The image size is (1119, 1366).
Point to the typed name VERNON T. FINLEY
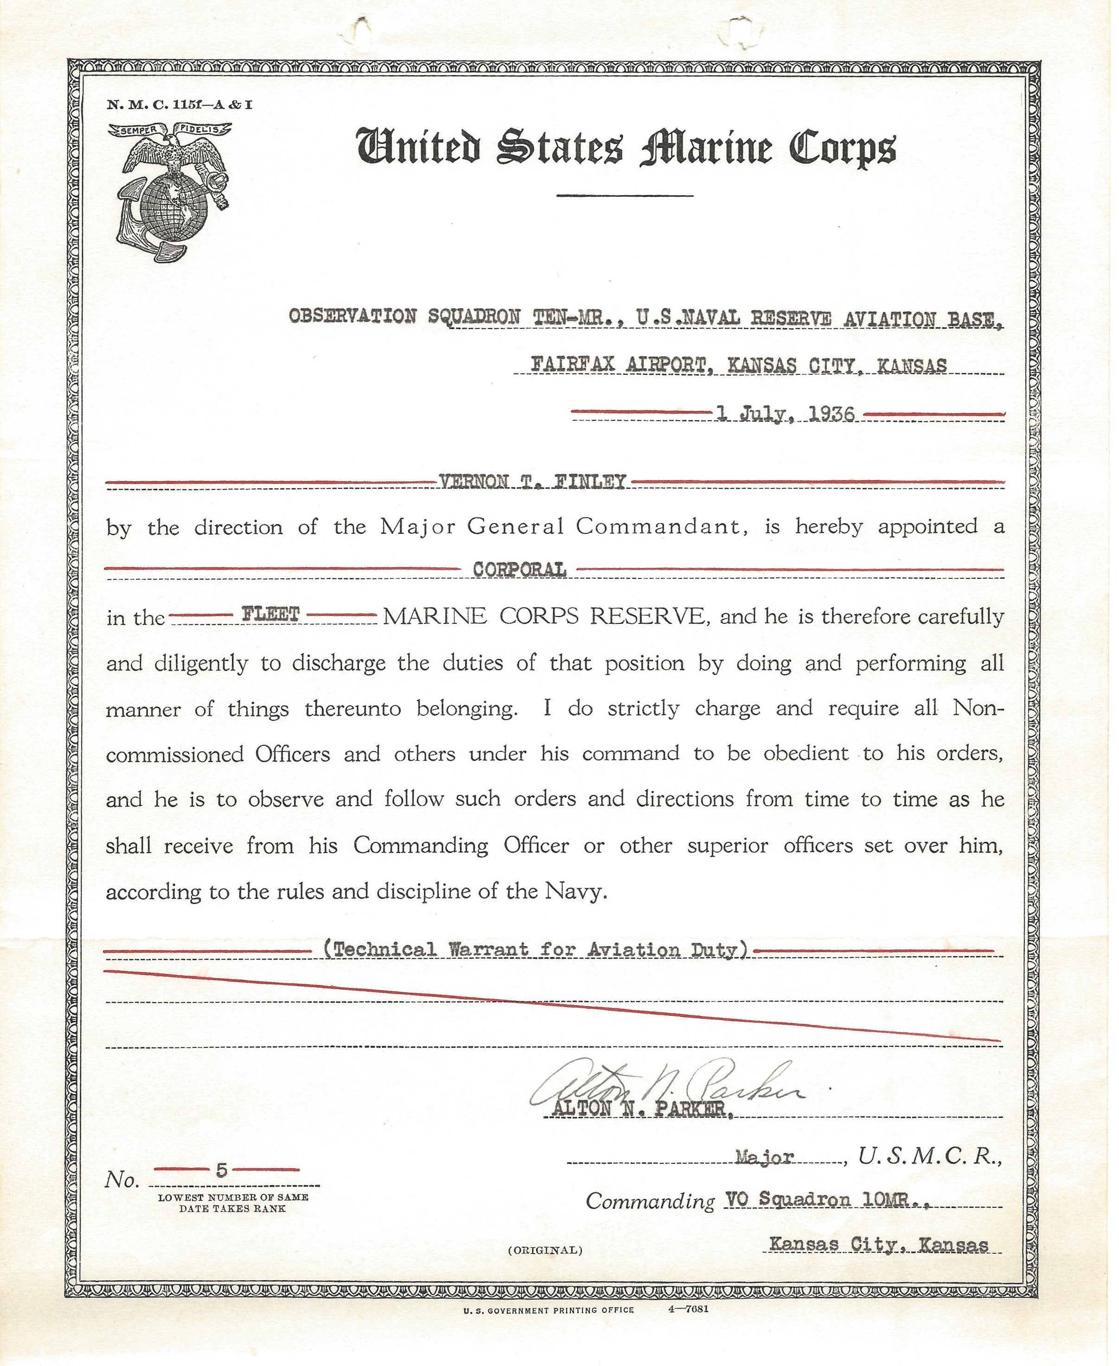(532, 481)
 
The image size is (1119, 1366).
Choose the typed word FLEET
(271, 614)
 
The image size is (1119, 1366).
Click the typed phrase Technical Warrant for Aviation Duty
(536, 949)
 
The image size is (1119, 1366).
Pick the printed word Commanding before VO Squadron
(650, 1201)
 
